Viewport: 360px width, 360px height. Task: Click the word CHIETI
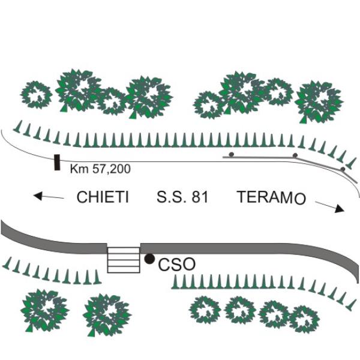[103, 197]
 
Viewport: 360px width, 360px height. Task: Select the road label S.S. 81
[182, 197]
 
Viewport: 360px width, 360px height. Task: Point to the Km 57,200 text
[100, 169]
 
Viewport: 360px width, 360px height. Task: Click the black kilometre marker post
[57, 162]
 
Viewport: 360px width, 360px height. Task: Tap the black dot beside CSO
[149, 259]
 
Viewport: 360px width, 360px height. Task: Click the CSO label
[176, 264]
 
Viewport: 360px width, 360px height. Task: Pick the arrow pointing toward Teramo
[330, 206]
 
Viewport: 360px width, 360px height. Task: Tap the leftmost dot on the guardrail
[231, 154]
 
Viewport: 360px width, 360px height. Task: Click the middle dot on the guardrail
[295, 155]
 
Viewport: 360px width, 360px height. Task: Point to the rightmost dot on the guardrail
[342, 169]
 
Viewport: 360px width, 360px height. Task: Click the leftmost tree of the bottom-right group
[205, 310]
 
